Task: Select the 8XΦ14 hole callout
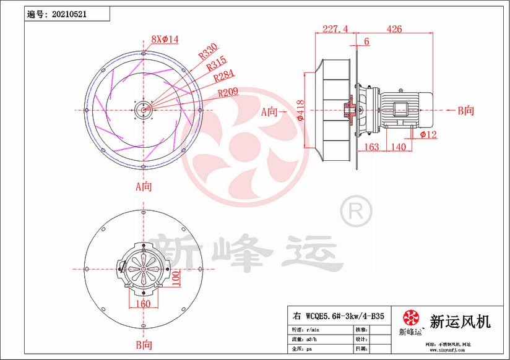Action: tap(165, 40)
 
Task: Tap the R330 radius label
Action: tap(207, 51)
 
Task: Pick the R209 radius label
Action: tap(229, 94)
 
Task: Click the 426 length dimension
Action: tap(394, 29)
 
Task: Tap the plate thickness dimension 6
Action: tap(367, 41)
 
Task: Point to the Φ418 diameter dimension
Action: tap(300, 110)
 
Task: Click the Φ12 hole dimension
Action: tap(430, 134)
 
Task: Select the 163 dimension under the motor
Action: tap(372, 147)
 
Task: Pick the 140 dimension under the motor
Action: tap(399, 147)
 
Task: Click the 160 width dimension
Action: tap(142, 304)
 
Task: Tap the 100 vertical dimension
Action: tap(176, 277)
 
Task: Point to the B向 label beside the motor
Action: tap(465, 111)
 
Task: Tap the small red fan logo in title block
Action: tap(410, 318)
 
